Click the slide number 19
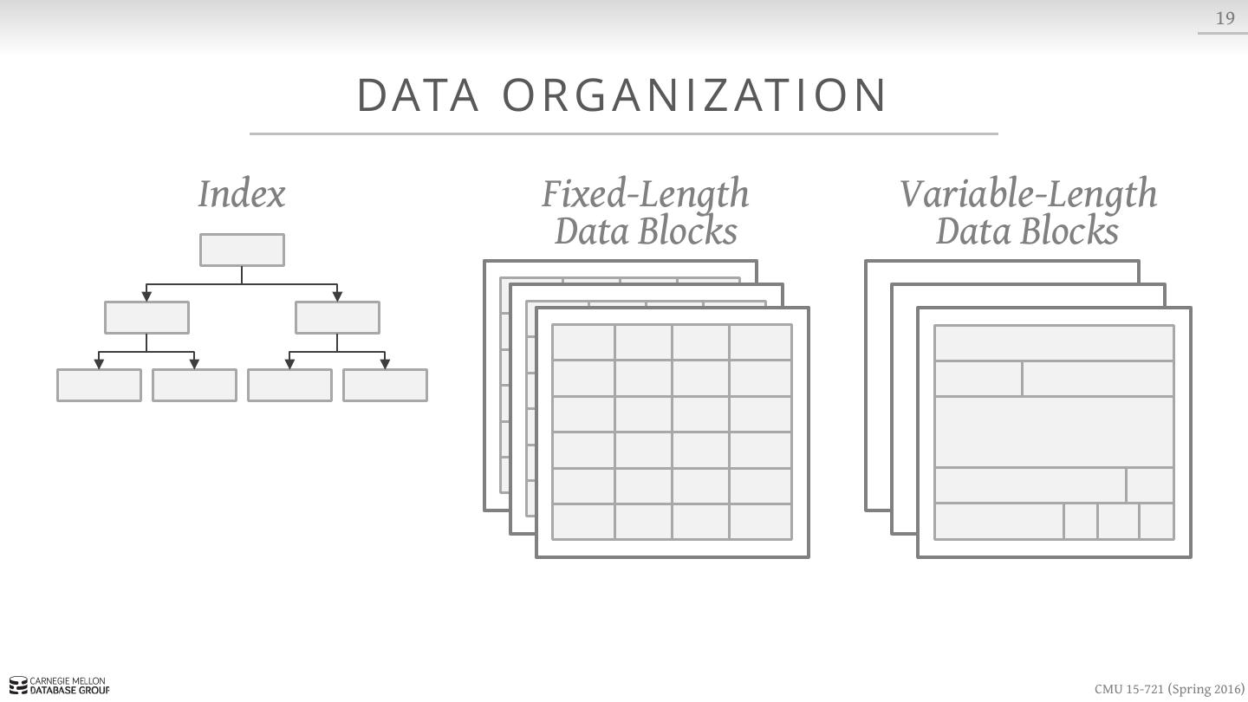1225,18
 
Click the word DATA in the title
418,95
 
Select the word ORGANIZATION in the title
695,95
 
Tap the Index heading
241,194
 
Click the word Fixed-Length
645,194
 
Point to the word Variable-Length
1028,194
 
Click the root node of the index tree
242,250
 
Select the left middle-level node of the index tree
146,317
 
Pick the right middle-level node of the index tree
337,317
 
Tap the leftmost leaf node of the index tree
99,385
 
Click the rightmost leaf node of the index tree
385,385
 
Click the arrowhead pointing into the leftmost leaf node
99,364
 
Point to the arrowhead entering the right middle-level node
337,296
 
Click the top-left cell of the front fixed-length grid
583,342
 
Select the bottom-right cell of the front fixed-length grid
760,522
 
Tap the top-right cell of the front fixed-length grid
760,342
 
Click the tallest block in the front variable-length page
1054,432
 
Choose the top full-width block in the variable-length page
1054,343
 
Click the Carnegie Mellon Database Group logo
60,686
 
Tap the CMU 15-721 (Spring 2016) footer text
1168,689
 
